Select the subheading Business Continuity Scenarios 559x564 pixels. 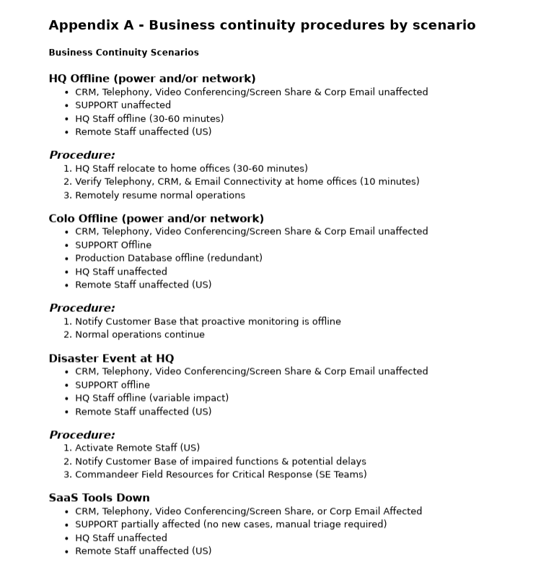pos(123,53)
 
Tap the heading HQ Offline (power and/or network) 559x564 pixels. pos(152,79)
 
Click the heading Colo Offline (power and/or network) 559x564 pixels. pos(156,218)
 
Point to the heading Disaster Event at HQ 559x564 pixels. pos(111,358)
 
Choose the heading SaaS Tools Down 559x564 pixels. pos(99,498)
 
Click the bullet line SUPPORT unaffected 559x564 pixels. pos(123,105)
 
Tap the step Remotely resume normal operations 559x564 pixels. pos(160,195)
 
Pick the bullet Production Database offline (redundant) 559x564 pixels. pos(169,258)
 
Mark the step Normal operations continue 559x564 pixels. pos(140,334)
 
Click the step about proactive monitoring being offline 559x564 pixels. pos(208,321)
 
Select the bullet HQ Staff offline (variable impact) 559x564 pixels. pos(151,398)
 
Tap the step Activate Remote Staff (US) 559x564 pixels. pos(137,448)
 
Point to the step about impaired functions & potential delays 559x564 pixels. pos(220,461)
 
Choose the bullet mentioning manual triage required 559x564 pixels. pos(231,524)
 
